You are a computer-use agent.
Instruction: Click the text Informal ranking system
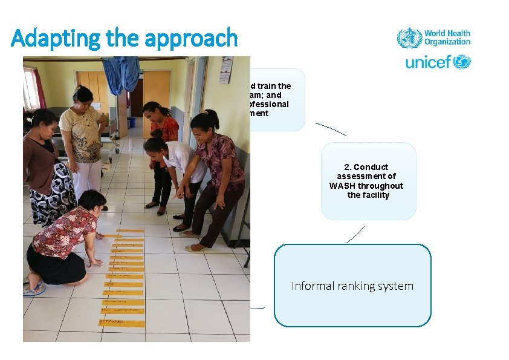tap(352, 286)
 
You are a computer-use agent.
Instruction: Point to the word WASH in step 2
tap(342, 186)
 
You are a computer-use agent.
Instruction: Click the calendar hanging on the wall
tap(225, 70)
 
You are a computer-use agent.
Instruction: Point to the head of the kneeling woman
tap(92, 201)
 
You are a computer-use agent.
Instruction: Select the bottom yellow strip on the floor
tap(123, 322)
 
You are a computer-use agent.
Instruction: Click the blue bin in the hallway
tap(131, 122)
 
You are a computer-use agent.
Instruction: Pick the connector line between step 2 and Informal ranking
tap(355, 235)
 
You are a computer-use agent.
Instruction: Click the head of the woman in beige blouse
tap(83, 95)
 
